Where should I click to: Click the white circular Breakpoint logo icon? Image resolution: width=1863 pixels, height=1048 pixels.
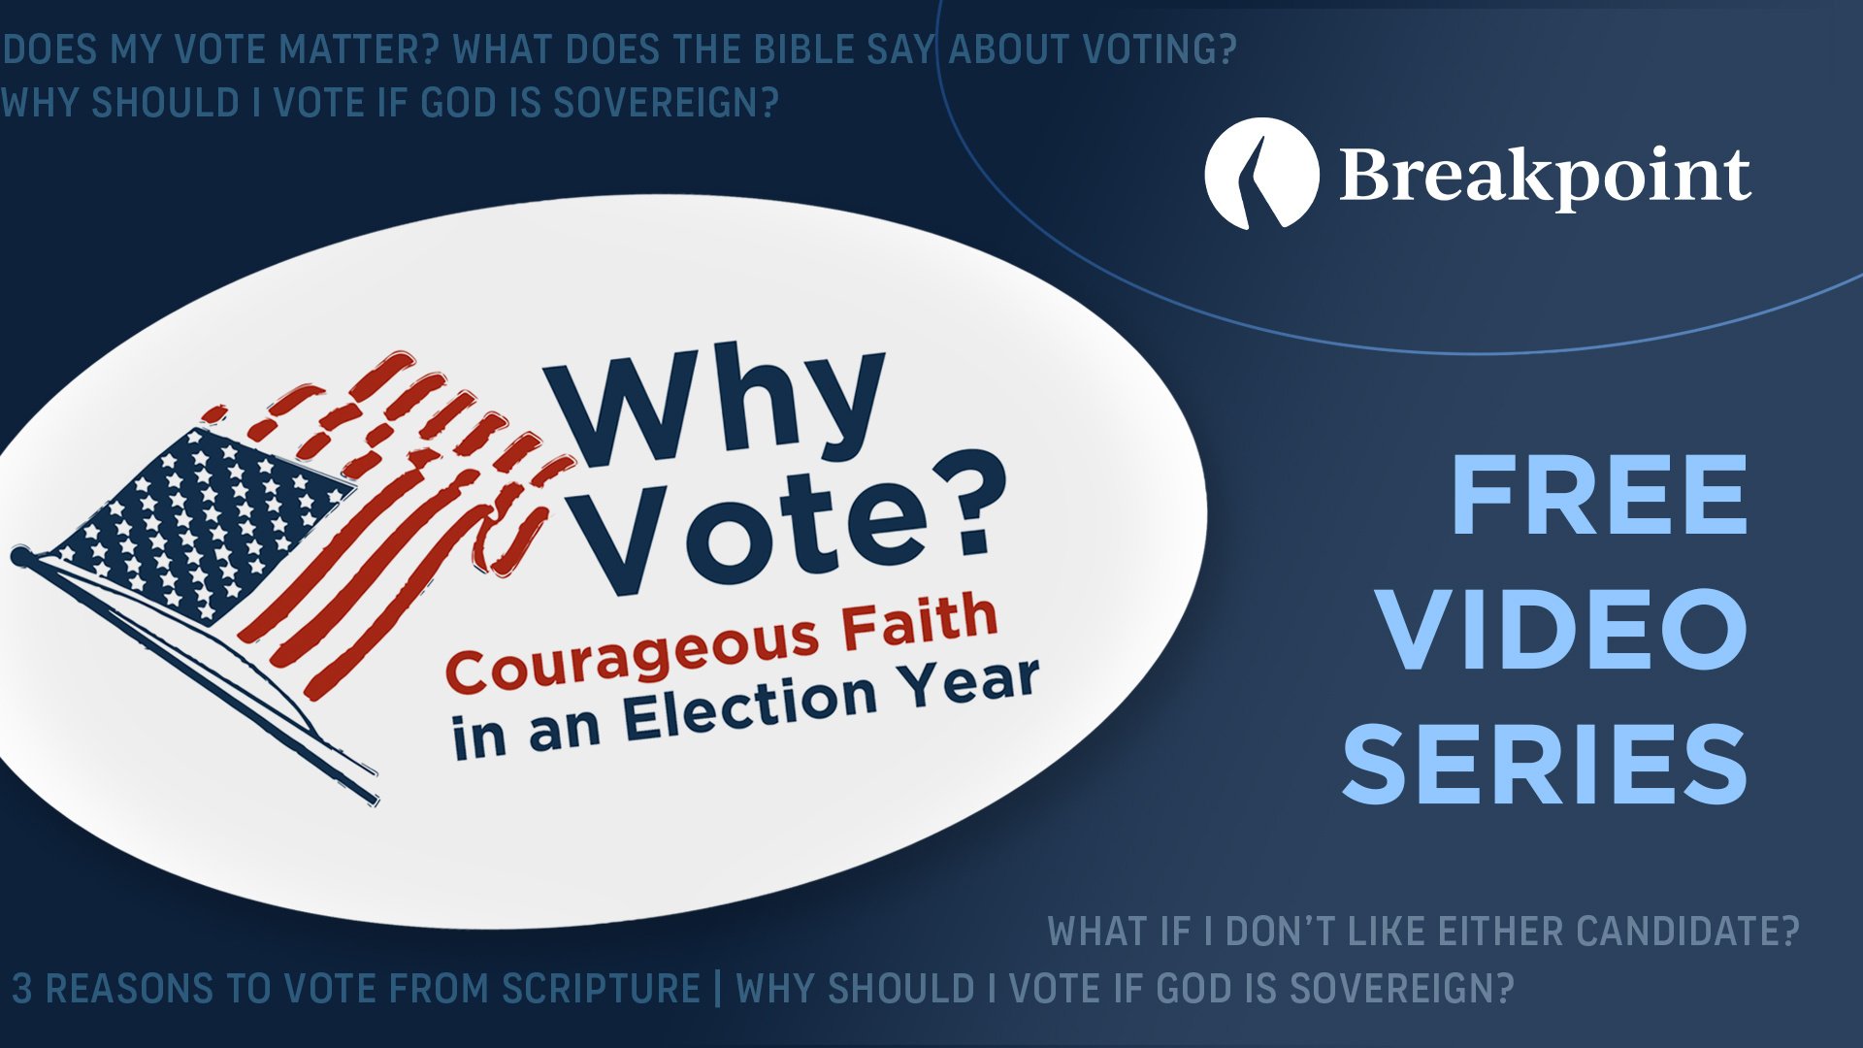1261,174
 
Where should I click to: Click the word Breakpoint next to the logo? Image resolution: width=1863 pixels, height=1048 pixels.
1545,177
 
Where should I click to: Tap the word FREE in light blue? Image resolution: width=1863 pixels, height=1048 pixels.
1598,497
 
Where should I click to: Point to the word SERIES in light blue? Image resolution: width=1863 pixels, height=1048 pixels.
1545,765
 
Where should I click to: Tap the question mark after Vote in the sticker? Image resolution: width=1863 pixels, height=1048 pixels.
965,509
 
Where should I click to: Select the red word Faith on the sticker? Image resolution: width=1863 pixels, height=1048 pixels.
919,623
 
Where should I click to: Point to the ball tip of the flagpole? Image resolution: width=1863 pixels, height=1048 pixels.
19,556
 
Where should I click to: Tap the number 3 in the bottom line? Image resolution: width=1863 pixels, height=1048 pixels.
21,989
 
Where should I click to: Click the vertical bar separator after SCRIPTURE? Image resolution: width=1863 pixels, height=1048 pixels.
718,989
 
